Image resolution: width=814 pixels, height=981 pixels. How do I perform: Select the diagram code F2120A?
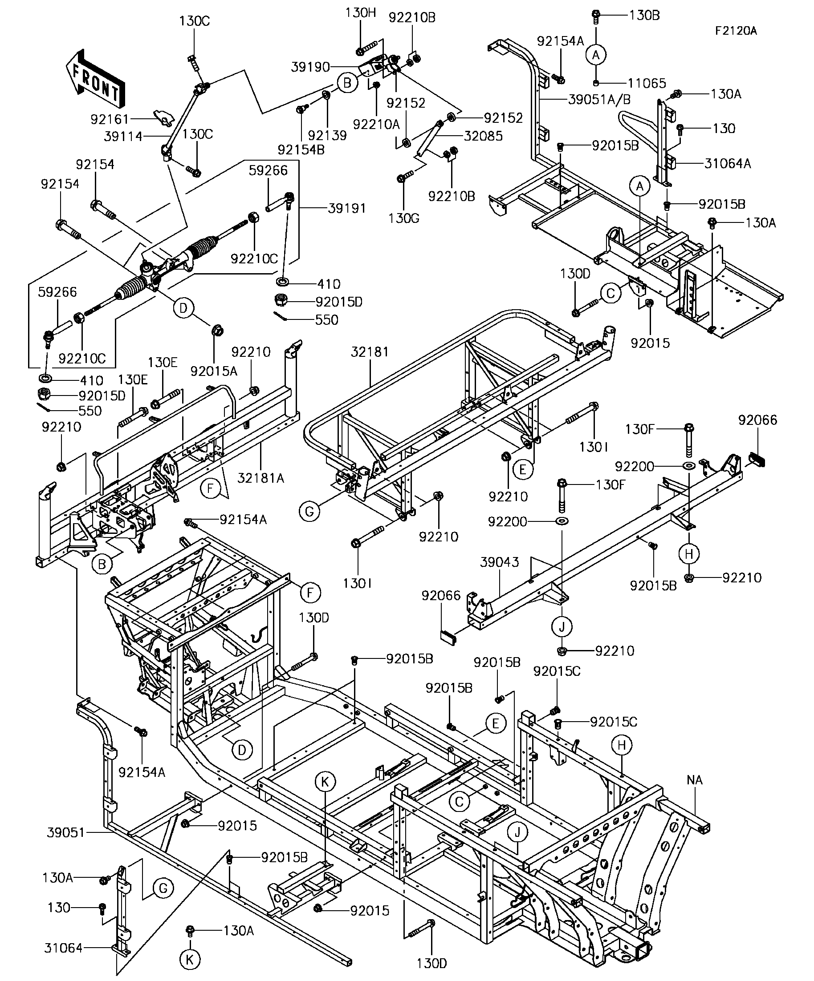point(736,31)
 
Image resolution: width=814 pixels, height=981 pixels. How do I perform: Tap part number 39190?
point(310,67)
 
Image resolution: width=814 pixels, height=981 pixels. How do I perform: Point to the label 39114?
point(123,137)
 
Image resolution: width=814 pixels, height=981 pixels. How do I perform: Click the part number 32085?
point(483,136)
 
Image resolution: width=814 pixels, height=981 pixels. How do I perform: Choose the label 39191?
point(346,208)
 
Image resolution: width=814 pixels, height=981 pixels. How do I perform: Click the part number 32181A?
point(261,478)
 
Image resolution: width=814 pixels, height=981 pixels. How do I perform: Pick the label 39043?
point(499,562)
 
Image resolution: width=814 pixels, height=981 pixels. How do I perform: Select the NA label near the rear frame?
point(695,779)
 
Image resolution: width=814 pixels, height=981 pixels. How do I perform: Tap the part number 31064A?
point(728,164)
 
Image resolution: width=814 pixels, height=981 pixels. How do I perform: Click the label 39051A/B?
point(599,100)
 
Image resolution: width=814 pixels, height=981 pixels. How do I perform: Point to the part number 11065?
point(647,84)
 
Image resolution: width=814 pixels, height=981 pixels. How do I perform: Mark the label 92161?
point(110,120)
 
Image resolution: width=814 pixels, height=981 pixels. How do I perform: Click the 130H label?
point(361,12)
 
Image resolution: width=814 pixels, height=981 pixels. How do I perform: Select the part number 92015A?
point(214,371)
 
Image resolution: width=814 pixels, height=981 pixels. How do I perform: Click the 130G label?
point(404,218)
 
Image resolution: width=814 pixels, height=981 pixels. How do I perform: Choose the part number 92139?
point(327,135)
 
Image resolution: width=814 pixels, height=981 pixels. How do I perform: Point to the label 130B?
point(644,16)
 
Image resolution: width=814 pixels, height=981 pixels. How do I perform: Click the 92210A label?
point(376,124)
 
